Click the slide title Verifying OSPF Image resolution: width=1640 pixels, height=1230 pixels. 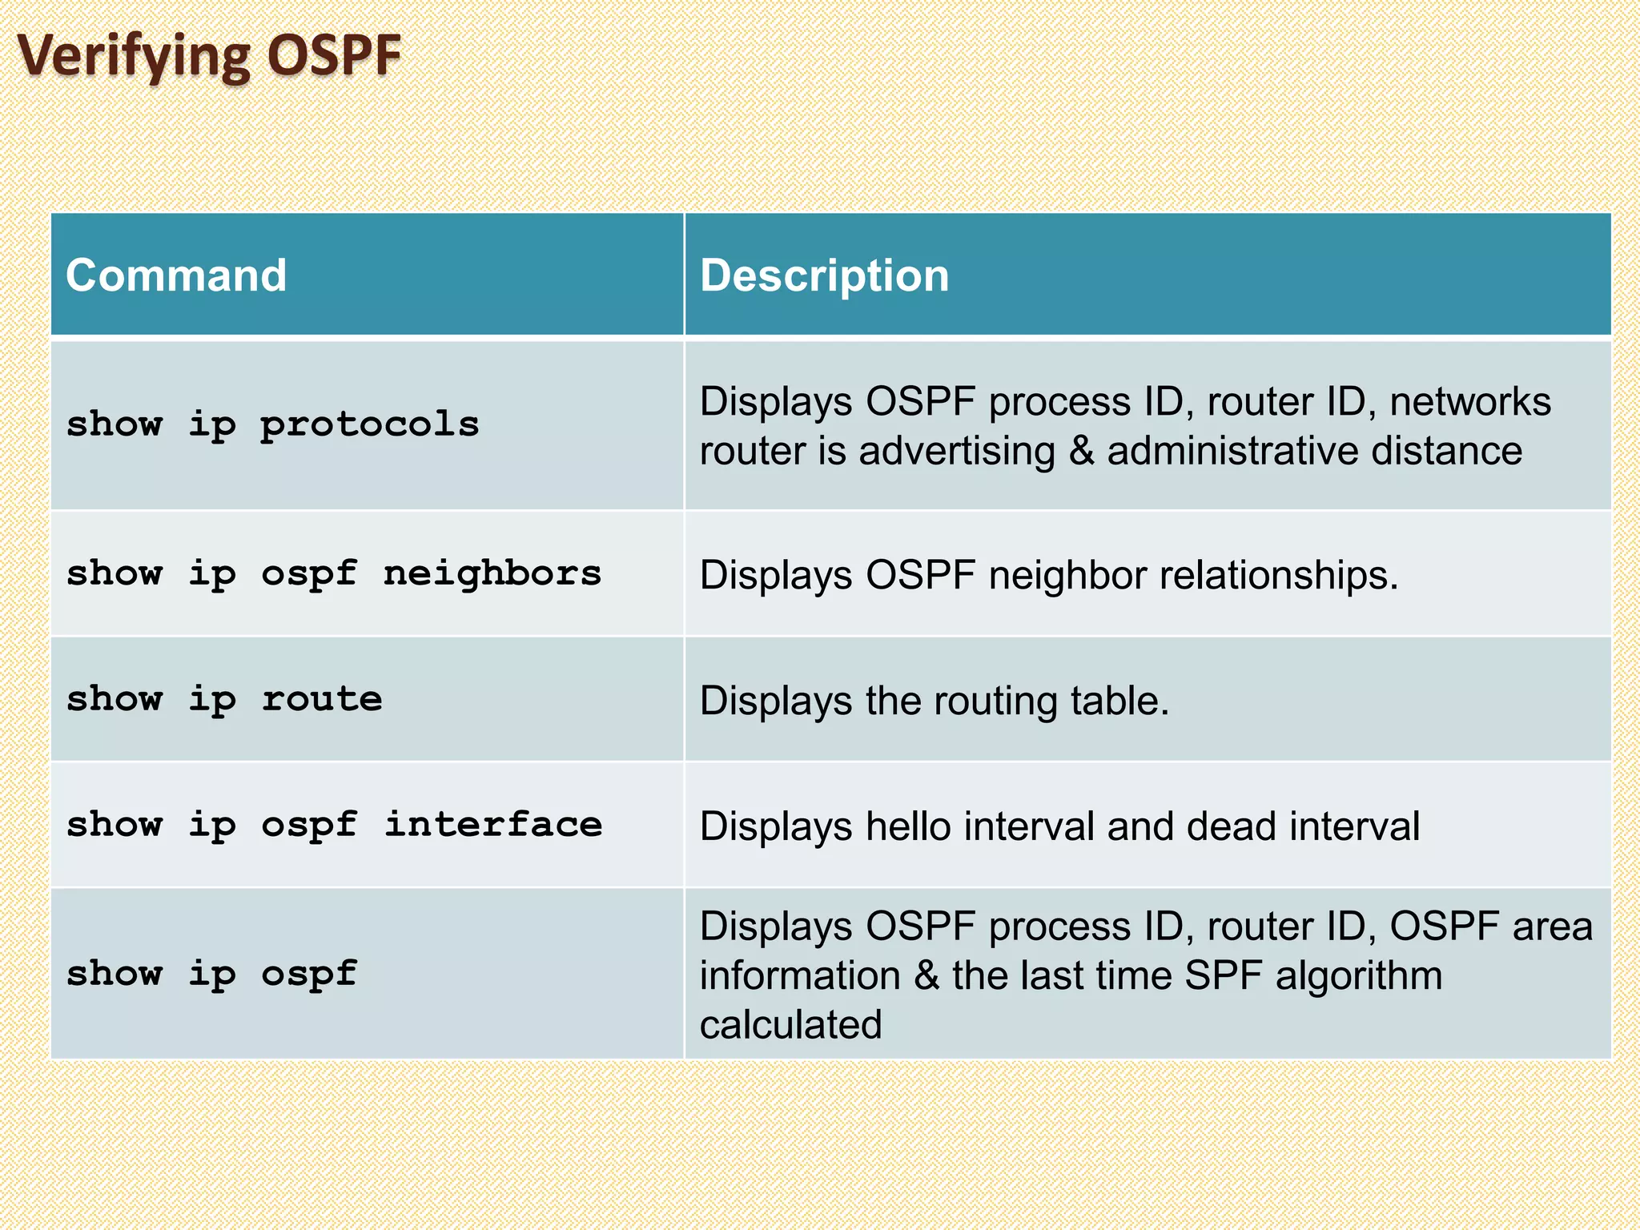coord(209,56)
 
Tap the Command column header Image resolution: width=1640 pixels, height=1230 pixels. coord(176,275)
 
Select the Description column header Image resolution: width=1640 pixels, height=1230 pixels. coord(824,275)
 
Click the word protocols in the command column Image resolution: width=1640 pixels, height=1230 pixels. coord(369,424)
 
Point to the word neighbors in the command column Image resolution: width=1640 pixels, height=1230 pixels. coord(492,573)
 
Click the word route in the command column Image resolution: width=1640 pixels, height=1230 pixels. coord(322,699)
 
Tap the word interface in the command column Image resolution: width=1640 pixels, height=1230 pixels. coord(492,825)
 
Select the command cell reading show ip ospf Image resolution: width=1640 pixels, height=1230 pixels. coord(211,974)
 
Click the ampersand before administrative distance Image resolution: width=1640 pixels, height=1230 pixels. coord(1081,451)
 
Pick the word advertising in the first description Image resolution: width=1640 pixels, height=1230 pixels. coord(957,451)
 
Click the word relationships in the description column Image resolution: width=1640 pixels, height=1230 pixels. coord(1273,575)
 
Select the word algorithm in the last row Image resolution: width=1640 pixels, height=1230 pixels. coord(1358,975)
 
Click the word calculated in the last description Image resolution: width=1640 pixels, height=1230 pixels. coord(790,1025)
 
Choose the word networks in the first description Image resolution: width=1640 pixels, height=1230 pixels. coord(1470,401)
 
